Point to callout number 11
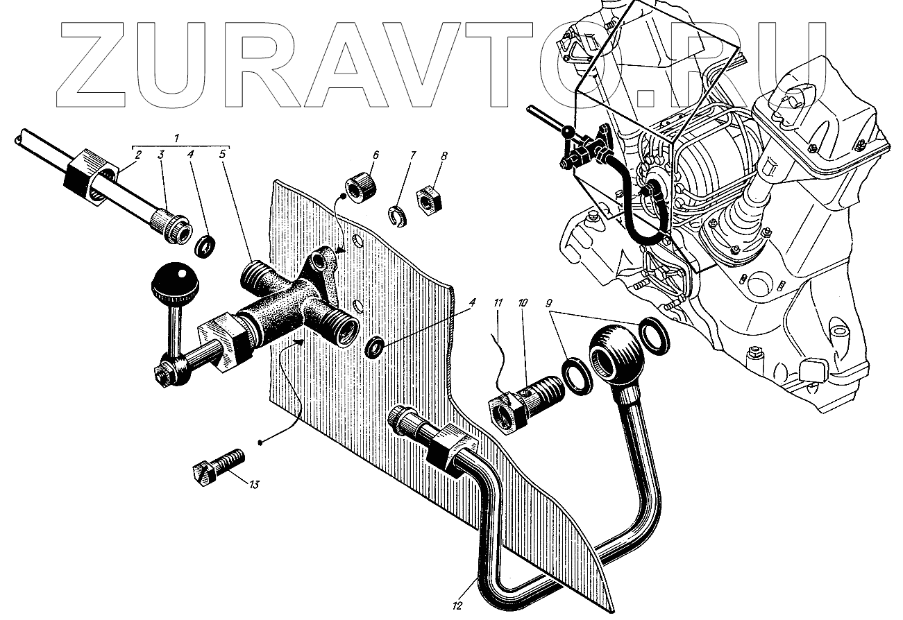pos(497,303)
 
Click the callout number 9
pos(549,303)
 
